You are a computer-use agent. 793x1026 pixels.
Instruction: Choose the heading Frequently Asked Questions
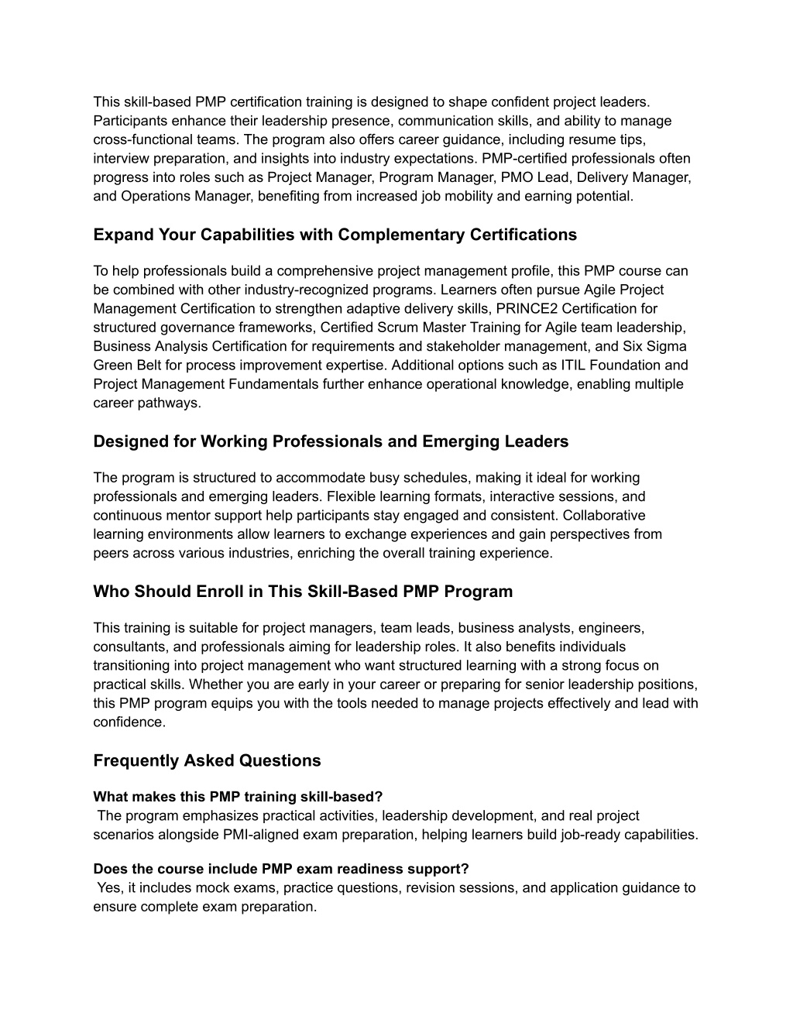(x=207, y=760)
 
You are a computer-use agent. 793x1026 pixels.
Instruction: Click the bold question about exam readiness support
(x=281, y=869)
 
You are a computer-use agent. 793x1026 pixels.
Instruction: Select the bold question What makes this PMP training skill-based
(x=238, y=796)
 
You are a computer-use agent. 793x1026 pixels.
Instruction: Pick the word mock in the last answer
(x=216, y=887)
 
